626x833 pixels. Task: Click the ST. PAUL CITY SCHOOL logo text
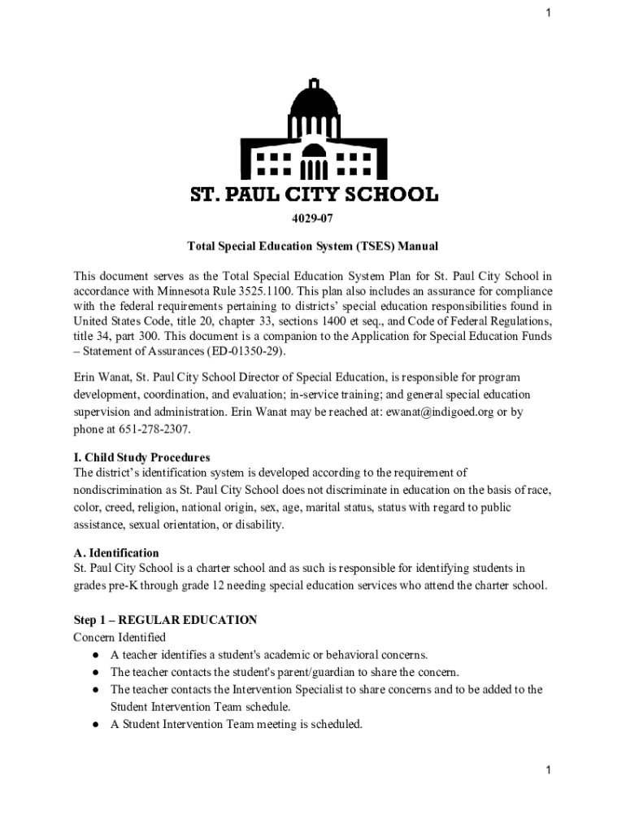[x=313, y=195]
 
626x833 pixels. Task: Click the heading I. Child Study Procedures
[x=142, y=457]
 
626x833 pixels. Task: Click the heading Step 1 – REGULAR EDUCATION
[x=165, y=620]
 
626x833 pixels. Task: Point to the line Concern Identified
[x=120, y=637]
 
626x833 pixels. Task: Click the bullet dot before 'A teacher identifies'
[x=95, y=655]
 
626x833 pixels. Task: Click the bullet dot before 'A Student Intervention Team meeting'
[x=95, y=724]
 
